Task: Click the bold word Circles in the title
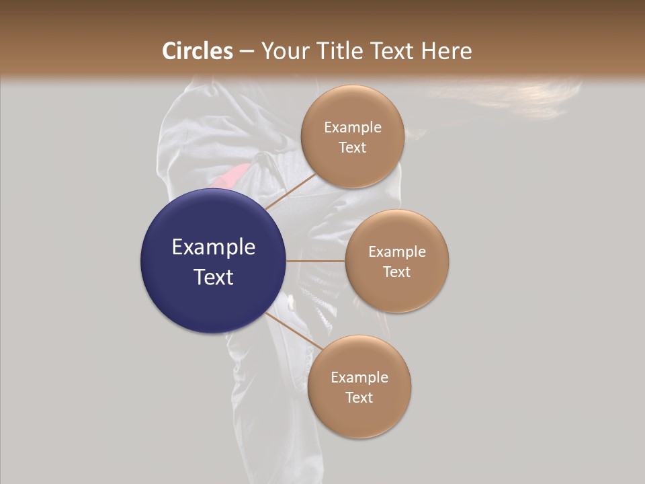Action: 197,51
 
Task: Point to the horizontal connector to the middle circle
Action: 316,261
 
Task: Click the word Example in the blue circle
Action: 214,247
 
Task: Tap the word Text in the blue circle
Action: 214,277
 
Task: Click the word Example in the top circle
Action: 353,128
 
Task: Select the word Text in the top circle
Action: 353,148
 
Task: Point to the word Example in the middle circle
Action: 397,252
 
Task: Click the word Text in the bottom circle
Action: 359,397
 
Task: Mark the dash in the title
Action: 247,52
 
